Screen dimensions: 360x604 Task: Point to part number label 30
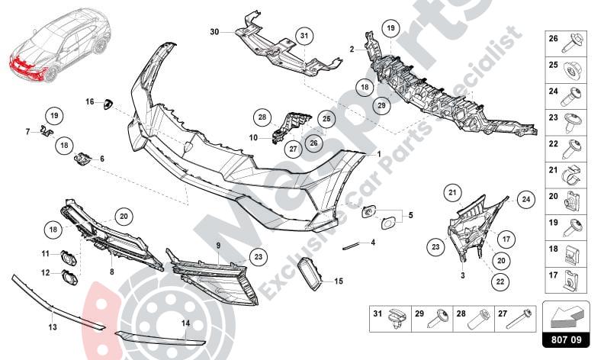(214, 31)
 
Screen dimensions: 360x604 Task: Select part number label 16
(89, 101)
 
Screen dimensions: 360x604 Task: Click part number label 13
(52, 327)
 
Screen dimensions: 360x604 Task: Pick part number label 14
(185, 323)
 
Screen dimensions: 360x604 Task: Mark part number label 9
(218, 245)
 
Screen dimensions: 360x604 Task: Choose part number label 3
(462, 272)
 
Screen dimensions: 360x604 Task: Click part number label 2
(352, 50)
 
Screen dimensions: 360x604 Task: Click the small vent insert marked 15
(310, 272)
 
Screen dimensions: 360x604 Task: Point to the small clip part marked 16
(107, 104)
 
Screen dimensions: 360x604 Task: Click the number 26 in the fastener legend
(554, 38)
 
